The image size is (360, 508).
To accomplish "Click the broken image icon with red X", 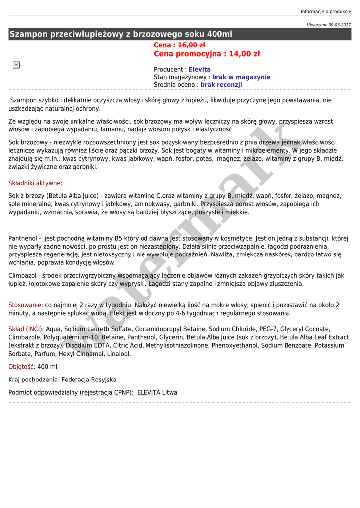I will [16, 65].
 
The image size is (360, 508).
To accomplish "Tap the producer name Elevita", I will [199, 70].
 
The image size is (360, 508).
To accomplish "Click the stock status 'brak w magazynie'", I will [241, 77].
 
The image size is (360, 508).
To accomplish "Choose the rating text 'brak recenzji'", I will [221, 85].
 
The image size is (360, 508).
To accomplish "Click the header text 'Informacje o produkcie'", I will [326, 12].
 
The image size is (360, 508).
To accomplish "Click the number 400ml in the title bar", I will [219, 34].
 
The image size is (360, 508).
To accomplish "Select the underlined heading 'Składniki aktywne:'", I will [35, 183].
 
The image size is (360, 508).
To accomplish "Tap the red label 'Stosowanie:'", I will [26, 305].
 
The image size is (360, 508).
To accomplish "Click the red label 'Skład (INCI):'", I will [26, 329].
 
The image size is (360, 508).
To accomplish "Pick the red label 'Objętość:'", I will [22, 367].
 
